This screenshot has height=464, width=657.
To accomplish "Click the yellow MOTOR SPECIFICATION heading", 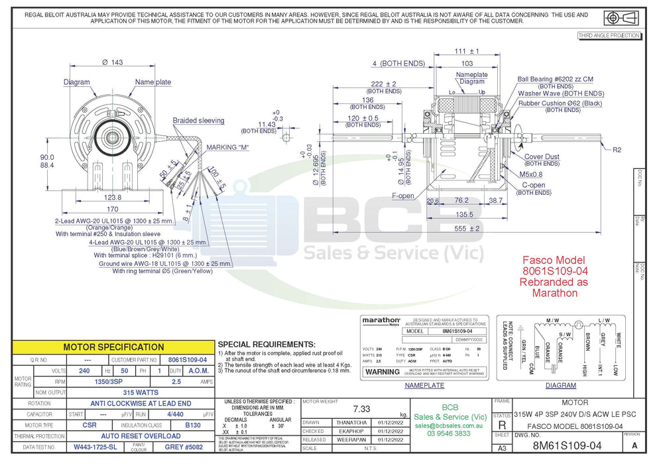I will tap(113, 347).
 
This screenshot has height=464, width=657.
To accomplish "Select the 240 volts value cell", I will tap(84, 371).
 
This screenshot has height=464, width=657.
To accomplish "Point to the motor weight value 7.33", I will tap(361, 409).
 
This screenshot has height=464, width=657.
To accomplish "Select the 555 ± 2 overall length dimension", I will tap(467, 229).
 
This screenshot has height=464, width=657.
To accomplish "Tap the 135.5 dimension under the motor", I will tap(465, 214).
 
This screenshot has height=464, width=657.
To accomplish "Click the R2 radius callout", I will tap(617, 149).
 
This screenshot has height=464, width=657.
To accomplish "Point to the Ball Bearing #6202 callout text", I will tap(555, 79).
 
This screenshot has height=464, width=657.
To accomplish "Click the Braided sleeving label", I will tap(198, 121).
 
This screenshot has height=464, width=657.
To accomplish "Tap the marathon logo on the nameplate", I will tap(381, 320).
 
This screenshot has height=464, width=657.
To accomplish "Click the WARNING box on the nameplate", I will tap(383, 372).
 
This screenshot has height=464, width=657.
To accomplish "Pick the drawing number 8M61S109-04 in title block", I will tap(567, 446).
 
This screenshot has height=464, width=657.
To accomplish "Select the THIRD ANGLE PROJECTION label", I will tap(609, 35).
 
